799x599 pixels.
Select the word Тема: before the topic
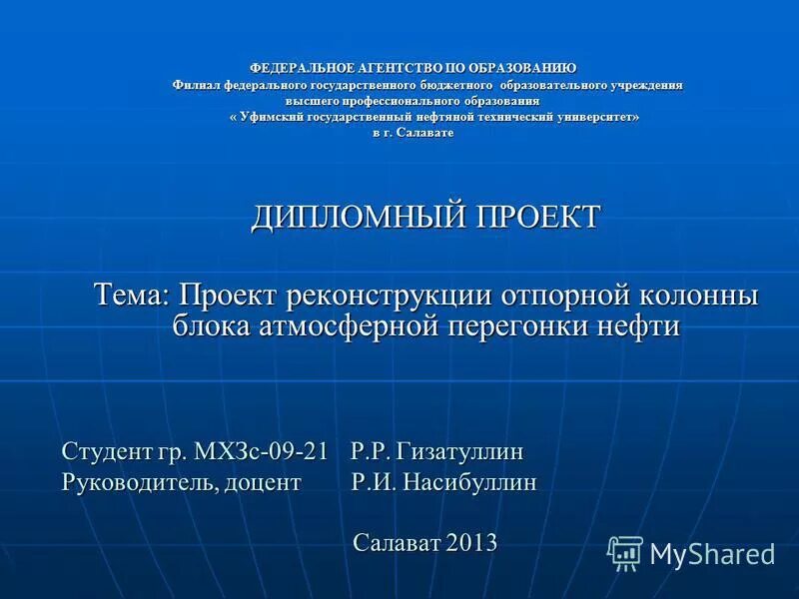(133, 297)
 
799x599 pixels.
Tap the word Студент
(104, 452)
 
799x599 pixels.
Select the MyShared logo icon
(625, 552)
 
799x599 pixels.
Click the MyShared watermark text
(712, 554)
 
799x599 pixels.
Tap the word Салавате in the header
(425, 133)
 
